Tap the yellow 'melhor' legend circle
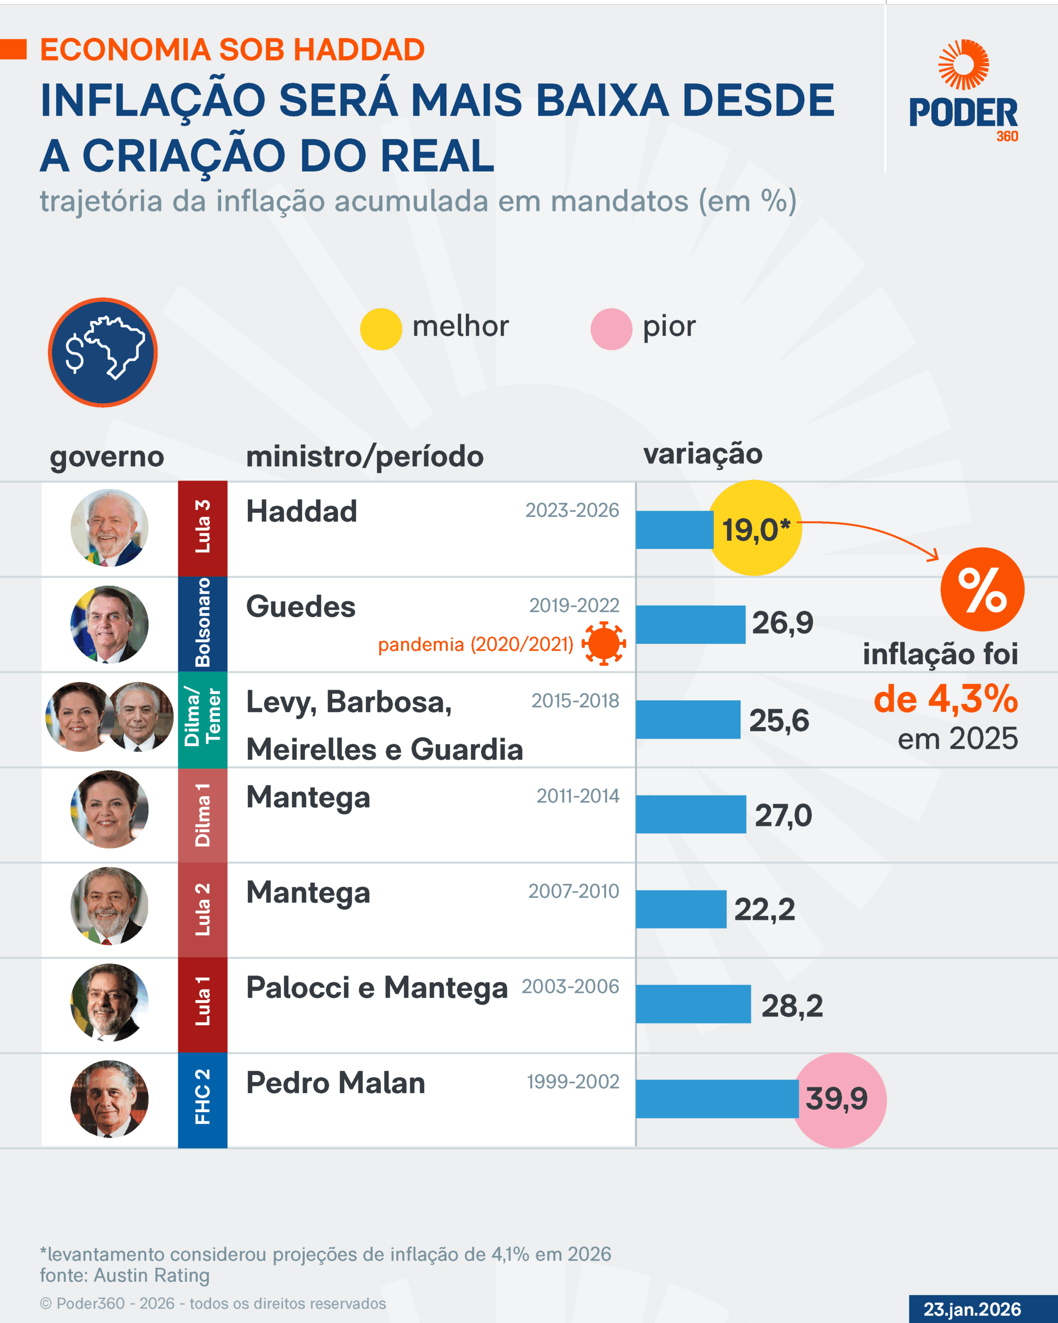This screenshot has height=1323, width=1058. [381, 329]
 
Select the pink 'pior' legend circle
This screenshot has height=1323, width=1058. [611, 329]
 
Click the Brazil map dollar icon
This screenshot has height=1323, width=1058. [103, 352]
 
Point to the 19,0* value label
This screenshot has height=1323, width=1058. [756, 530]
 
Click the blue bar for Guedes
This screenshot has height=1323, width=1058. [690, 624]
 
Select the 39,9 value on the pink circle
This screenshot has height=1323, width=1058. [836, 1098]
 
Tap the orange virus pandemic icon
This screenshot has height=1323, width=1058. [603, 643]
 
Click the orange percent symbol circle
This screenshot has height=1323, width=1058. [982, 589]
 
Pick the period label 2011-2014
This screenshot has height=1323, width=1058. [578, 796]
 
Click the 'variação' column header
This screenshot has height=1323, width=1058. [702, 454]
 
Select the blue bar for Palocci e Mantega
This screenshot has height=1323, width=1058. [693, 1004]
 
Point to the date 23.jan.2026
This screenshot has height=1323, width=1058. [972, 1309]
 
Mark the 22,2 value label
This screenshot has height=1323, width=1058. [764, 910]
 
